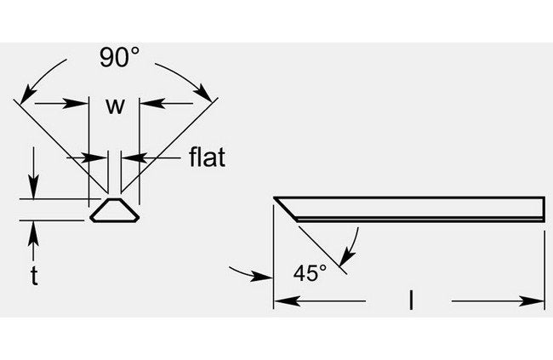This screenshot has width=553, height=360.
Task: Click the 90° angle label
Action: point(119,57)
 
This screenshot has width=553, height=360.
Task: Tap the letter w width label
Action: point(116,106)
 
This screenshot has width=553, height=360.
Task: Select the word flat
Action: point(207,157)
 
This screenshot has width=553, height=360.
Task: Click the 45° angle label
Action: point(310,272)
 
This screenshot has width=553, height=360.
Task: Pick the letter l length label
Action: point(411,300)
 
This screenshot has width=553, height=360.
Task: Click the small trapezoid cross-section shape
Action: point(115,210)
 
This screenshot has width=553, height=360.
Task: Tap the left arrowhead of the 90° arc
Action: point(27,93)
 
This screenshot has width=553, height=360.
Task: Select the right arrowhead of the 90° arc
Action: point(204,93)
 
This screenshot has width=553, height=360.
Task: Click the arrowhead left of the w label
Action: point(75,104)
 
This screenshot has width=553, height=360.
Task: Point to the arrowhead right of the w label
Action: point(152,103)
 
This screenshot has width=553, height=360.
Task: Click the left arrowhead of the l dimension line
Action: point(287,301)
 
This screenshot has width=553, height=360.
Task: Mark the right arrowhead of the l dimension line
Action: point(532,301)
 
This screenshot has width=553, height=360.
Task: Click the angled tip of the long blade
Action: point(275,197)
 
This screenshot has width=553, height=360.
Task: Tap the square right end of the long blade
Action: point(544,209)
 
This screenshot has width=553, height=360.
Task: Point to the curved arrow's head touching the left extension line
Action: point(262,276)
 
